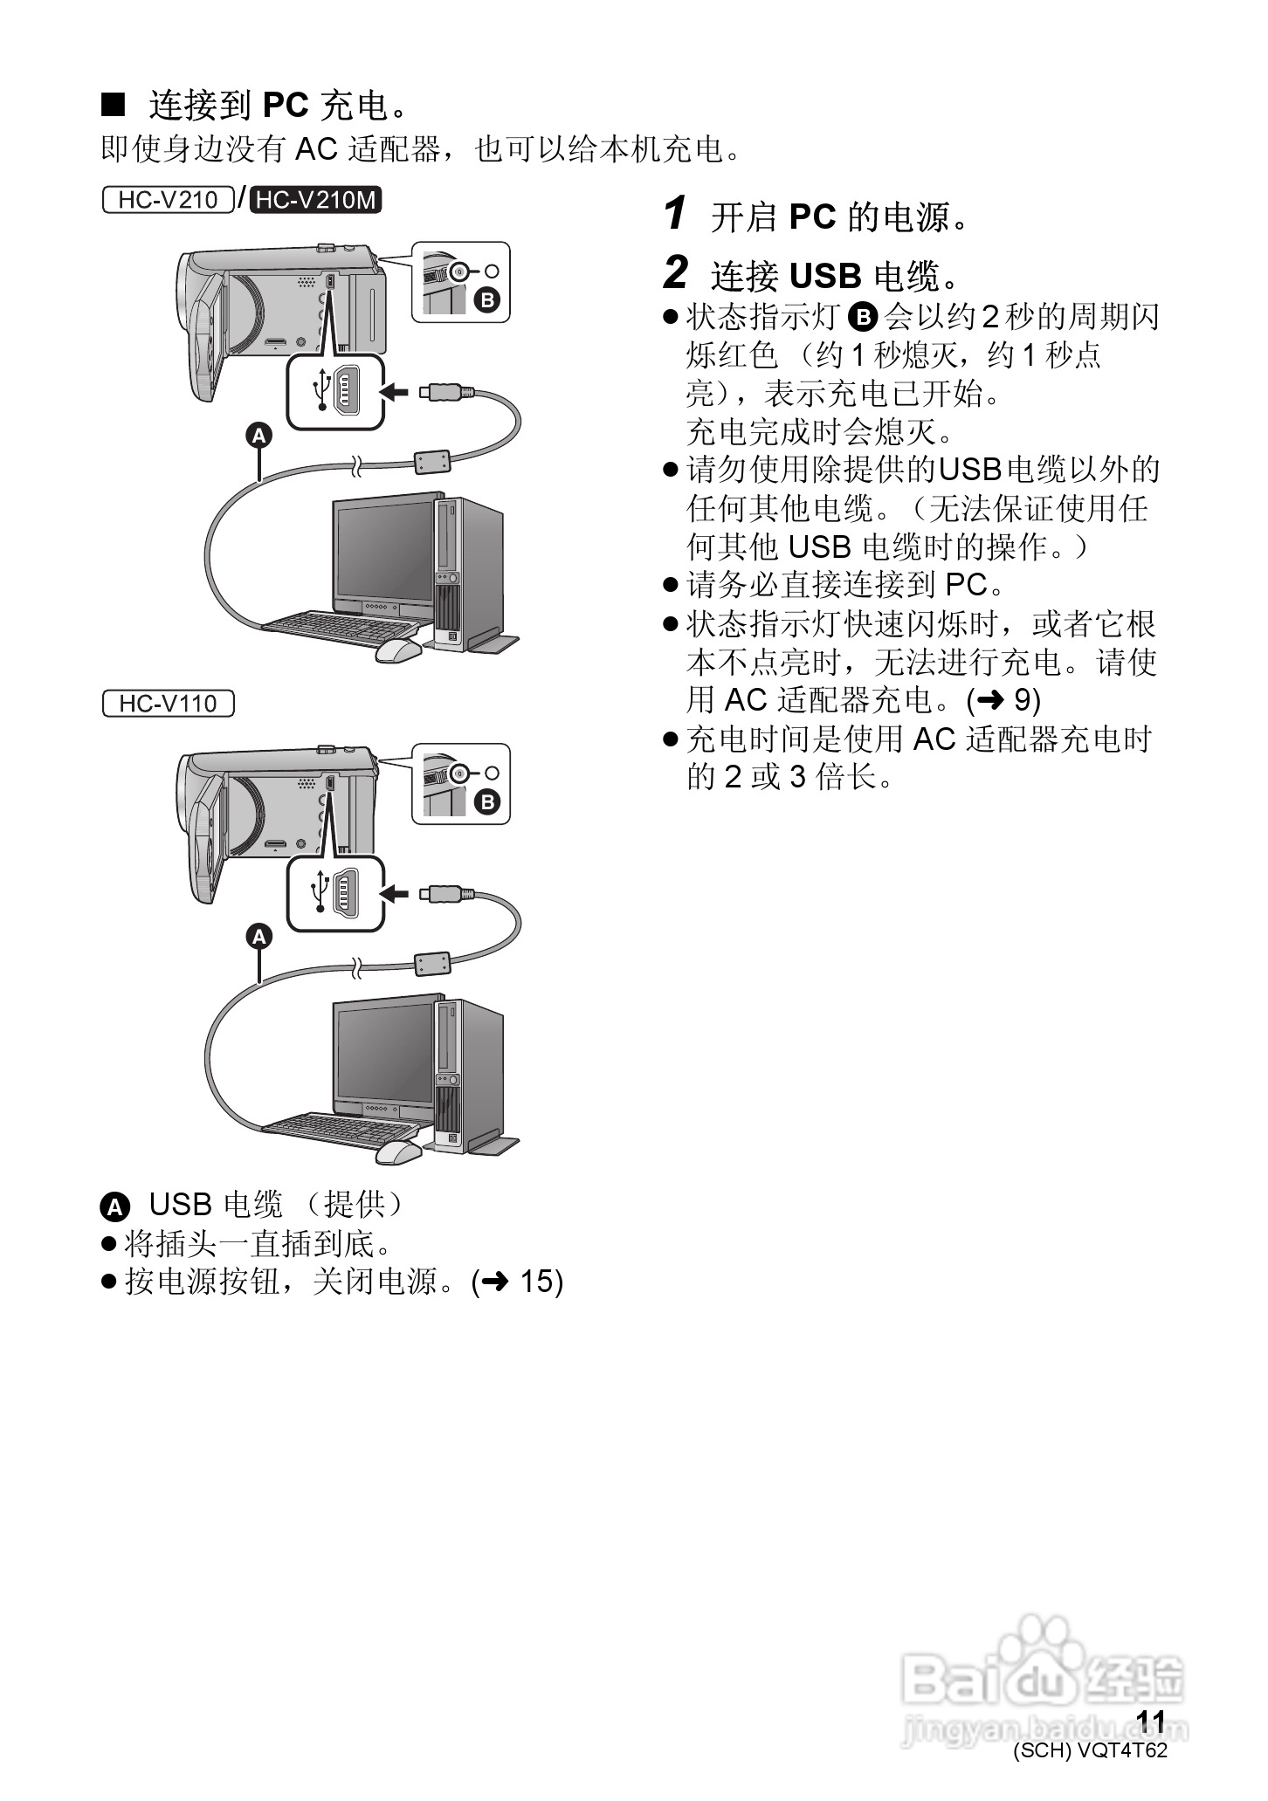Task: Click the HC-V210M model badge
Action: click(316, 200)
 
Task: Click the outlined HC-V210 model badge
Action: click(168, 200)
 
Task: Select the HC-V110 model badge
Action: click(168, 703)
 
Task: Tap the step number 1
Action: click(675, 215)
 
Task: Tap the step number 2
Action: click(676, 274)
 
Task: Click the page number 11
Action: click(1151, 1721)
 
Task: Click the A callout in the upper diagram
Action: click(258, 435)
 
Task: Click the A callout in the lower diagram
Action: click(258, 937)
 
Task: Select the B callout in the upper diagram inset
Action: click(486, 300)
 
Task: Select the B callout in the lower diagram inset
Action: click(486, 801)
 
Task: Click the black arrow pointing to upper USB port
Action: click(396, 392)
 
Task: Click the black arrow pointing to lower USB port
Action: click(396, 893)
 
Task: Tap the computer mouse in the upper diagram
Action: click(398, 650)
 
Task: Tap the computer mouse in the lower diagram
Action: click(398, 1151)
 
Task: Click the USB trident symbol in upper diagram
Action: click(323, 389)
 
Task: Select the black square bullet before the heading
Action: click(114, 105)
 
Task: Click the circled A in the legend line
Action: click(114, 1207)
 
